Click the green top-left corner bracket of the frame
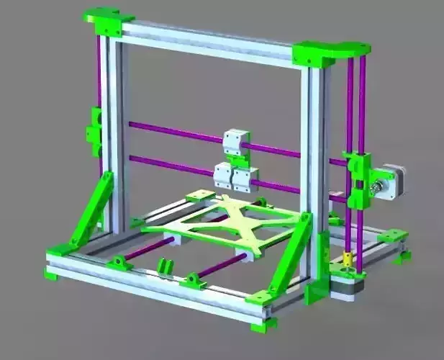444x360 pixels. (x=107, y=22)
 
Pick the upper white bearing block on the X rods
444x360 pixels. (x=236, y=142)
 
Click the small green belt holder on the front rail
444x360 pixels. (x=166, y=266)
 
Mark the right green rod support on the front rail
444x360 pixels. (x=193, y=281)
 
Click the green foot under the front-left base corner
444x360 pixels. (x=53, y=273)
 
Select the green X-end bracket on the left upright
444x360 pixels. (x=95, y=132)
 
